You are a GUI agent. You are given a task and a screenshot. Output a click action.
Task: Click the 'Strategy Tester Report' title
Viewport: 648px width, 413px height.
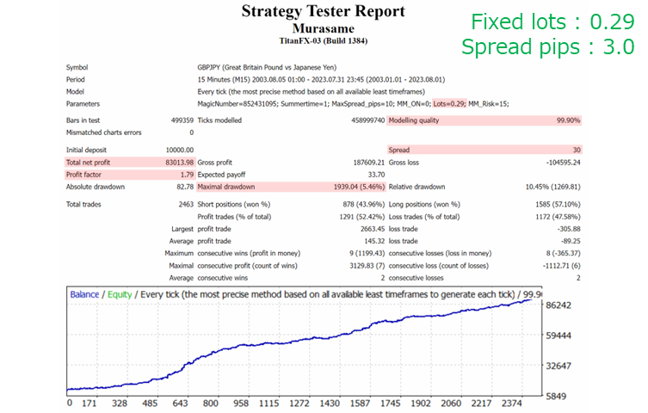click(x=323, y=12)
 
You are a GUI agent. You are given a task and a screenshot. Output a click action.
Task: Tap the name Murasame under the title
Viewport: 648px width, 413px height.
click(x=323, y=28)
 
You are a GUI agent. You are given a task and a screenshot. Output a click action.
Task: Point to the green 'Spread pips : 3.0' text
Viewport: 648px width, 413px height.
click(x=547, y=47)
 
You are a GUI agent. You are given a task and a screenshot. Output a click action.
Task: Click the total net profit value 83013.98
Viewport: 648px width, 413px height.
click(x=176, y=162)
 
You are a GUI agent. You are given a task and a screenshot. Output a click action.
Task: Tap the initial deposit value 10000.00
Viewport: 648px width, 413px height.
click(x=176, y=150)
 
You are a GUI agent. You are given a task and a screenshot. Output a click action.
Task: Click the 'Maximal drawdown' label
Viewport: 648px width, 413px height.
click(x=225, y=187)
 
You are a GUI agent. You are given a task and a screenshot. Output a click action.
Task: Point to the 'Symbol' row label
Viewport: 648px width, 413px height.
click(x=78, y=67)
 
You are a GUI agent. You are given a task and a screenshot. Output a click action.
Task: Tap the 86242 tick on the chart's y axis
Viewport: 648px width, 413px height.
click(x=565, y=305)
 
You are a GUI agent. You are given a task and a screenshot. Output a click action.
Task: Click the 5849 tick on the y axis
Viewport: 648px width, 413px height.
click(x=561, y=396)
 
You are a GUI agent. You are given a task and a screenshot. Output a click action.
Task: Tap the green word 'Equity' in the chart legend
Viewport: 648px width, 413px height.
click(x=120, y=294)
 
